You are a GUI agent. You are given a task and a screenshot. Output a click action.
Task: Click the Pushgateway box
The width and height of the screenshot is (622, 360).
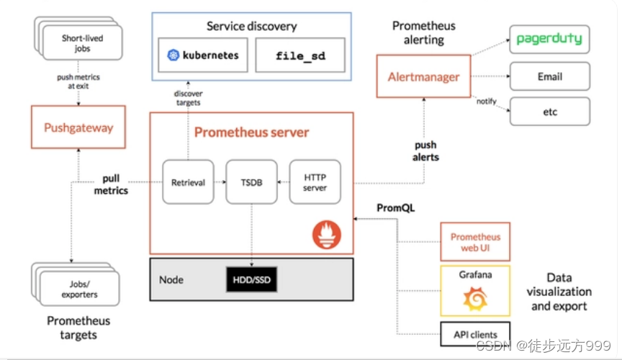78,129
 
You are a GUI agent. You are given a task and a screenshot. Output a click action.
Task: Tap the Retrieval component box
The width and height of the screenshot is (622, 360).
188,183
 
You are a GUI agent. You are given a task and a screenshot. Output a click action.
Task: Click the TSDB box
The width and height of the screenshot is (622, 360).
251,183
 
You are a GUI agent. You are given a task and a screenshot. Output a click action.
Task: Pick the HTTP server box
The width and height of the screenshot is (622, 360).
315,183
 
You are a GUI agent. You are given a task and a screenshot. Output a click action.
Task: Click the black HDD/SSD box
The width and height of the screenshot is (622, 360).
251,279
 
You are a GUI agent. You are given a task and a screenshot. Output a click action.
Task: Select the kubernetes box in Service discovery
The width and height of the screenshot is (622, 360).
202,55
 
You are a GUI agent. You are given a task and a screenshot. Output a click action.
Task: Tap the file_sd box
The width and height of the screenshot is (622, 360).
300,55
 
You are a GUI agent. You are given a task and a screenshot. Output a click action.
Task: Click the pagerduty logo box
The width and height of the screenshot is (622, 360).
549,39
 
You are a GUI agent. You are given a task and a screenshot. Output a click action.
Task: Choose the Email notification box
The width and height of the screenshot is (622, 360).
549,76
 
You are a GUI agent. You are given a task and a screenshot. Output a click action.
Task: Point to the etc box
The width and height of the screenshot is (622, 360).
549,112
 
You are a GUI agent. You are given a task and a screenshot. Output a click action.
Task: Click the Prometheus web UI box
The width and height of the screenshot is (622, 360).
475,242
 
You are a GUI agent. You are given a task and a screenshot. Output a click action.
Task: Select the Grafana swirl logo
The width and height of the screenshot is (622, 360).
475,297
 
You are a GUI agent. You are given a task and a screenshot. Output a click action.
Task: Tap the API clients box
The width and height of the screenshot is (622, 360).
475,334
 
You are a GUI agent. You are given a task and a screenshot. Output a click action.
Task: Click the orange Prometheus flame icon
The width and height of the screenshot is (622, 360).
327,234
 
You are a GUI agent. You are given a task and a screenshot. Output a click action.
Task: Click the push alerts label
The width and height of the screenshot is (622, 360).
425,151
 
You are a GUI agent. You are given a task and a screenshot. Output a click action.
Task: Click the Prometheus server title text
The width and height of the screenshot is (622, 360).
251,132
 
